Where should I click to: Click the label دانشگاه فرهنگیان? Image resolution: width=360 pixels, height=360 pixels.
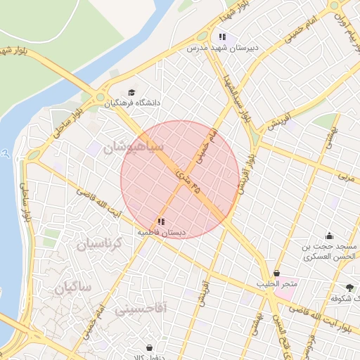pyautogui.click(x=134, y=103)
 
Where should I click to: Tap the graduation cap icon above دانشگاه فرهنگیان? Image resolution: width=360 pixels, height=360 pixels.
pyautogui.click(x=131, y=92)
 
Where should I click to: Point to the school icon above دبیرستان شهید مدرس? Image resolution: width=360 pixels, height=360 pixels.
pyautogui.click(x=222, y=37)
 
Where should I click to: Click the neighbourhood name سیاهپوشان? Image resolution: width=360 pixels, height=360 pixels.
pyautogui.click(x=133, y=148)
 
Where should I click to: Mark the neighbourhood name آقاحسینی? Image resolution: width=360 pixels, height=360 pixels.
pyautogui.click(x=141, y=308)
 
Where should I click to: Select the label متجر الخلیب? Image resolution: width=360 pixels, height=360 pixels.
pyautogui.click(x=277, y=284)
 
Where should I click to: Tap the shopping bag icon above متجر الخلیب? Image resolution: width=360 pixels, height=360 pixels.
pyautogui.click(x=276, y=273)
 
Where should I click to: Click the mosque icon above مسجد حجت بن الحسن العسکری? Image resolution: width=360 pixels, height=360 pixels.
pyautogui.click(x=329, y=236)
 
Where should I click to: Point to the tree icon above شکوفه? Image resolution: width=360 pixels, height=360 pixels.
pyautogui.click(x=350, y=287)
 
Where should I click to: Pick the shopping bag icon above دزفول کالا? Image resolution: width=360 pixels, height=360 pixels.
pyautogui.click(x=149, y=347)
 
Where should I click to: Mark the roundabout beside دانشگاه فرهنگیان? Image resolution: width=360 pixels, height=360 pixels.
pyautogui.click(x=100, y=98)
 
